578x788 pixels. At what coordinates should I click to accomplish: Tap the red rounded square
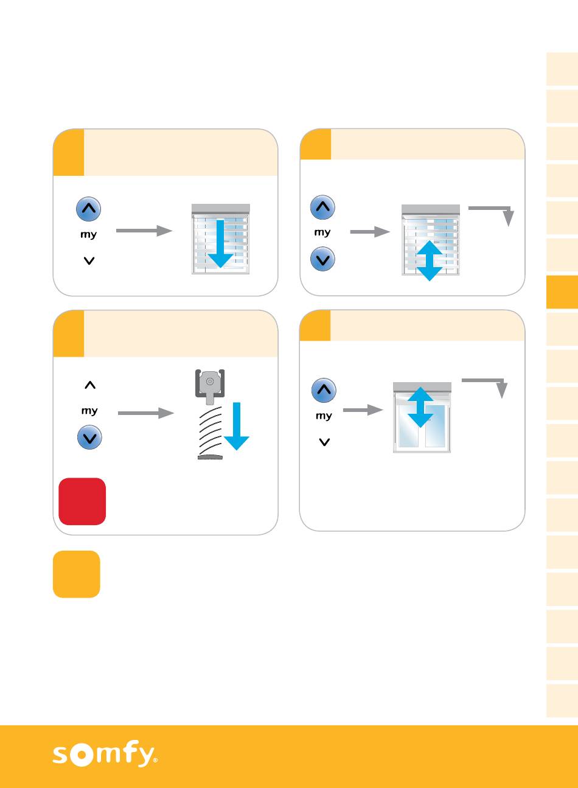tap(82, 501)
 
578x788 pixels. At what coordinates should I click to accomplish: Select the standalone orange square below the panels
tap(77, 574)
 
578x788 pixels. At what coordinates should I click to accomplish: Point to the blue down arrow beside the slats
tap(237, 426)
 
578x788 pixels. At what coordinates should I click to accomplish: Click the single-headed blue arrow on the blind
tap(220, 243)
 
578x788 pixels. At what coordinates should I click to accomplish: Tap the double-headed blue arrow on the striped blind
tap(430, 260)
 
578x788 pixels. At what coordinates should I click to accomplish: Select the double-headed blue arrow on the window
tap(420, 407)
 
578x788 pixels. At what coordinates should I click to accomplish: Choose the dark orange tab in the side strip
tap(562, 292)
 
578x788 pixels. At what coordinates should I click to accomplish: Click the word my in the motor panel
tap(89, 411)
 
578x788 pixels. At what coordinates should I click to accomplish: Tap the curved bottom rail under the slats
tap(211, 456)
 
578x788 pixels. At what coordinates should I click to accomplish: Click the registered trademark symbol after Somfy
tap(155, 760)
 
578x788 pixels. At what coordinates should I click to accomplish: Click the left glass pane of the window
tap(408, 429)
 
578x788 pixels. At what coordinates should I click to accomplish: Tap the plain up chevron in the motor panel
tap(89, 385)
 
